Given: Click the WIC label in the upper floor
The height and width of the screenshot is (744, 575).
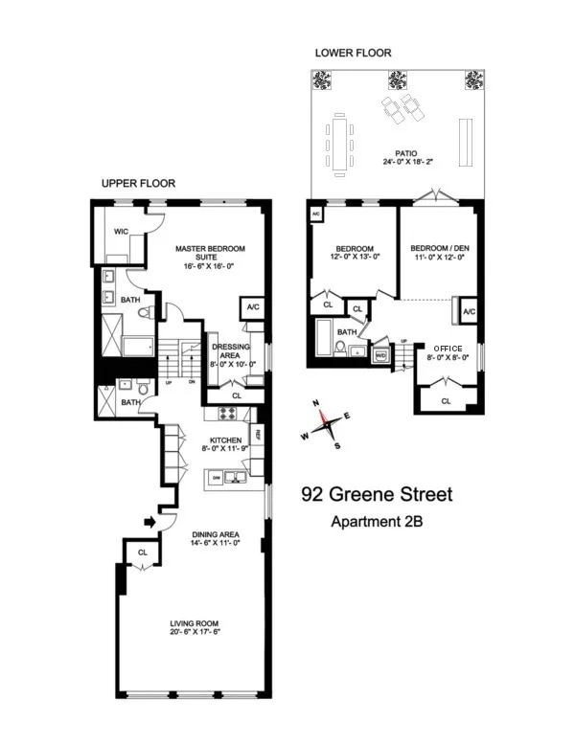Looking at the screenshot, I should point(121,231).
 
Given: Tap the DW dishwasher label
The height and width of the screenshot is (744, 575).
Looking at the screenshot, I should point(218,477).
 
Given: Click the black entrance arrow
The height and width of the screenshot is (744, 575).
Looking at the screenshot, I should point(148,522).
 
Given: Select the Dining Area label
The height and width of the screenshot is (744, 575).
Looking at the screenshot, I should point(215,537).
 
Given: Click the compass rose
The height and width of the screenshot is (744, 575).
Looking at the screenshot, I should point(327,422).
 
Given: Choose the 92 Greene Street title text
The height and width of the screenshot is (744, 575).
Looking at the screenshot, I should point(376,495).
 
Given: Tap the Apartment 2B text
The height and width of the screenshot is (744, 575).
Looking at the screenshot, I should point(377,522).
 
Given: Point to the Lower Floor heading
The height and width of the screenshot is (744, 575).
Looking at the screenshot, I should point(354,52).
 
